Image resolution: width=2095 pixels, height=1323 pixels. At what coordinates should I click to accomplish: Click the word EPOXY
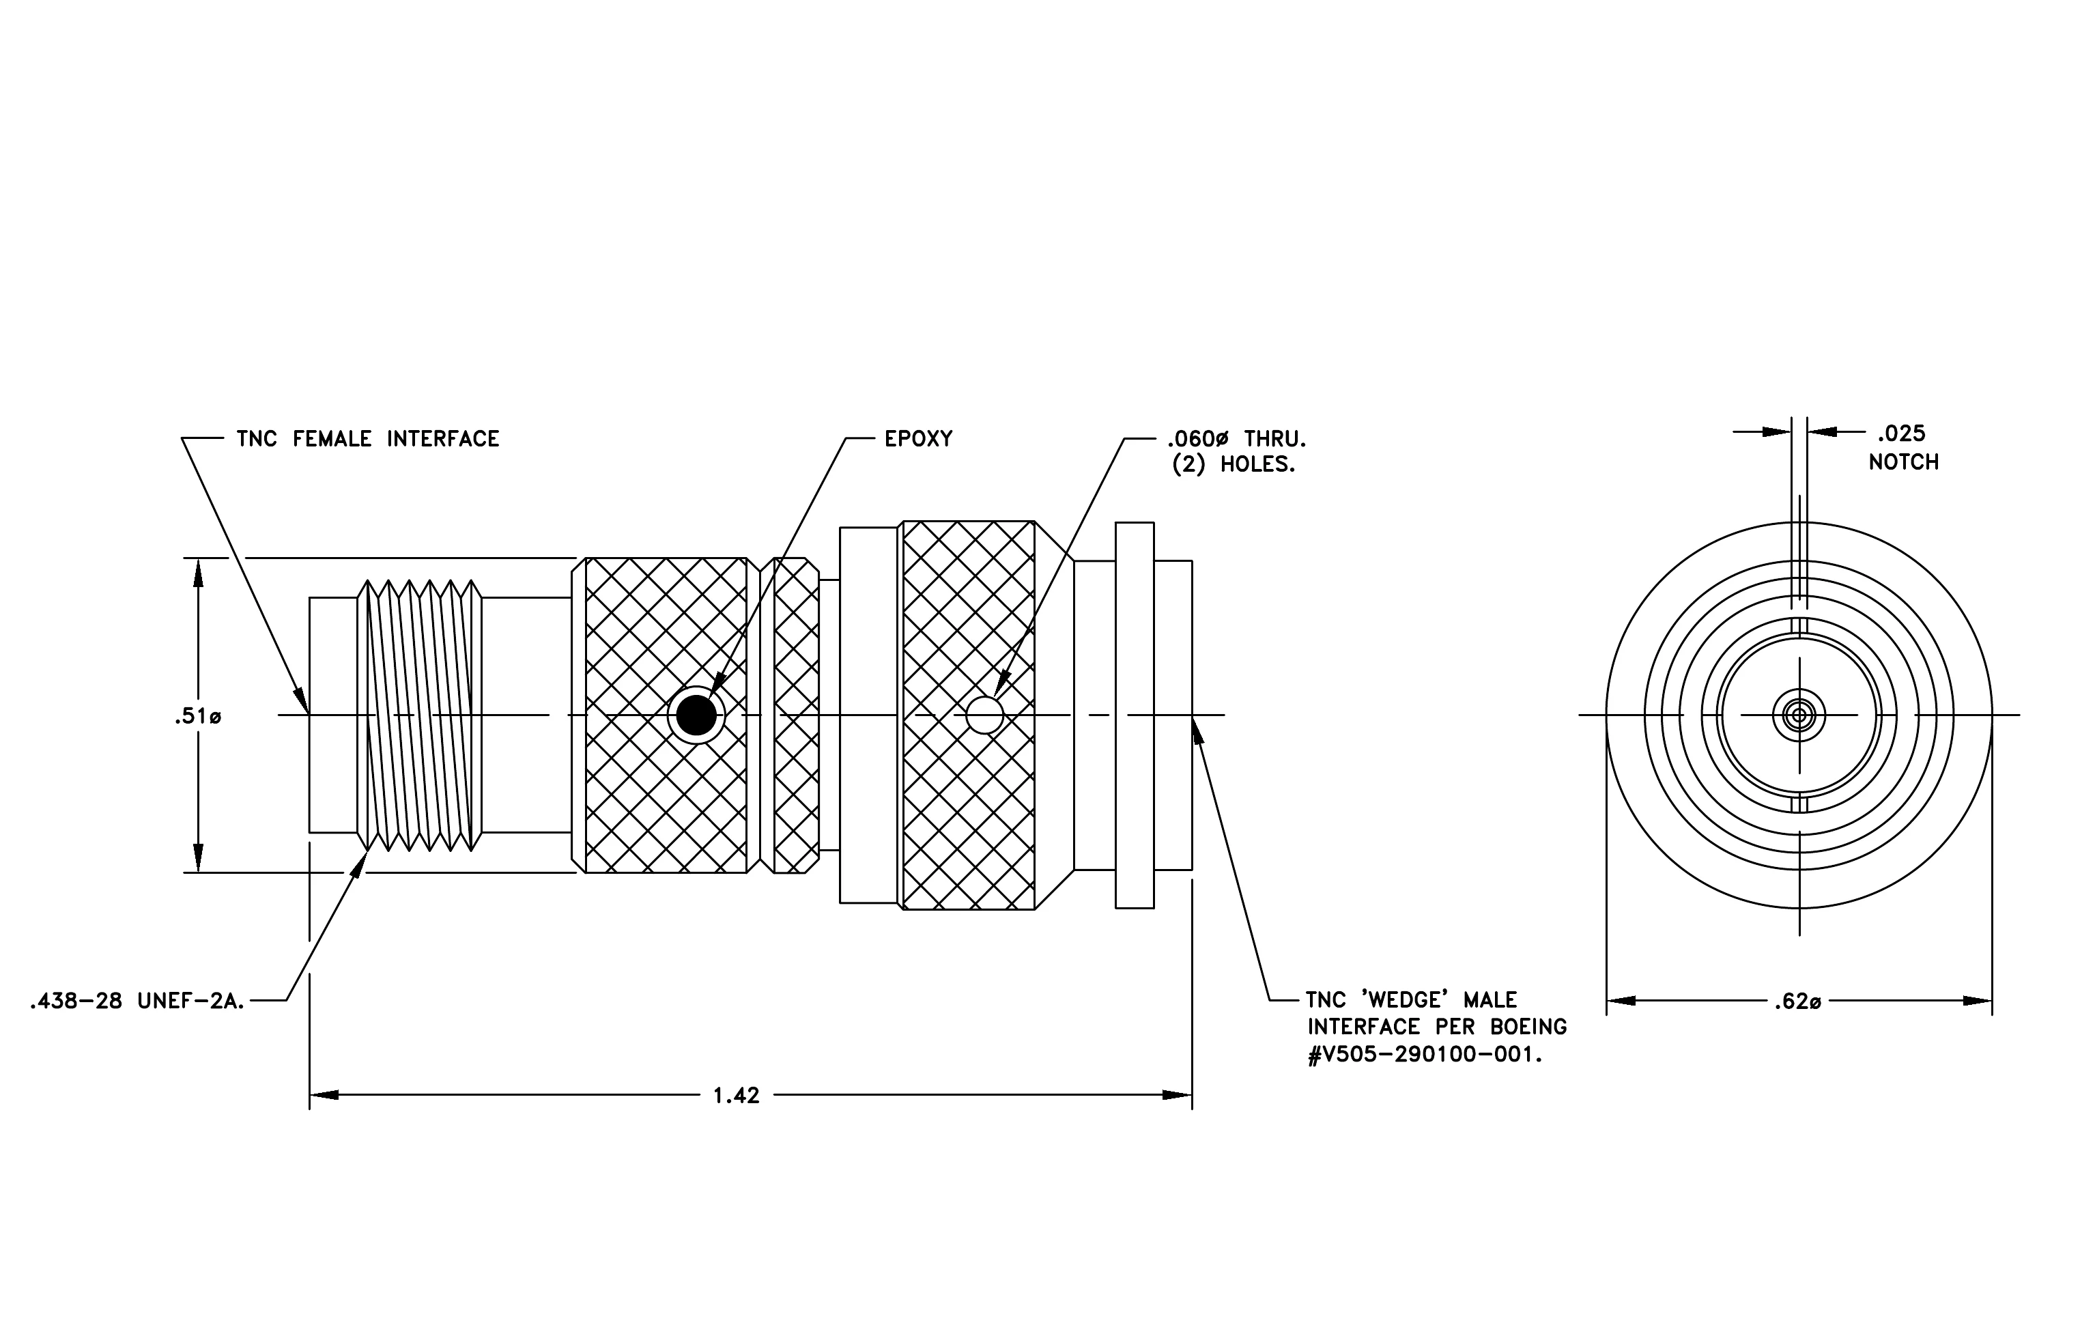(918, 438)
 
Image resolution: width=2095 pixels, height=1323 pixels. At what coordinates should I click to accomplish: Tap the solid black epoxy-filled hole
(696, 715)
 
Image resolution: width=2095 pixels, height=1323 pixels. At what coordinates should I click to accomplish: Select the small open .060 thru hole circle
(985, 715)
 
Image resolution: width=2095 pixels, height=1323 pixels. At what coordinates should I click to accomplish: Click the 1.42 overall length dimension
(736, 1095)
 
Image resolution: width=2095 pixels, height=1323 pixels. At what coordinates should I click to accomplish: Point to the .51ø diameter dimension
(197, 717)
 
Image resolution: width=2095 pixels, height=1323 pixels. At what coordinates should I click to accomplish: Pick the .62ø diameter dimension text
(1797, 1002)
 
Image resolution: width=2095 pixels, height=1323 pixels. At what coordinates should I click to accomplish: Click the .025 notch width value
(1901, 433)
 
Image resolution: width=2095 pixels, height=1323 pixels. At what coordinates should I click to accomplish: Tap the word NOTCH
(1904, 462)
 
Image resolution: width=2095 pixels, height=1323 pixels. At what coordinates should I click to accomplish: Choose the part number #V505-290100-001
(1426, 1054)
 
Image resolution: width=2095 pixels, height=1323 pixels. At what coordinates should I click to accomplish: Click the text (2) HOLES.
(1234, 464)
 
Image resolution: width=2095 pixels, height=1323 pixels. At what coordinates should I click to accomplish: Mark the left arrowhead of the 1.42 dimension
(324, 1095)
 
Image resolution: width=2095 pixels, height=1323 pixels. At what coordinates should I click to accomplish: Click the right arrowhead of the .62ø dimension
(1978, 1001)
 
